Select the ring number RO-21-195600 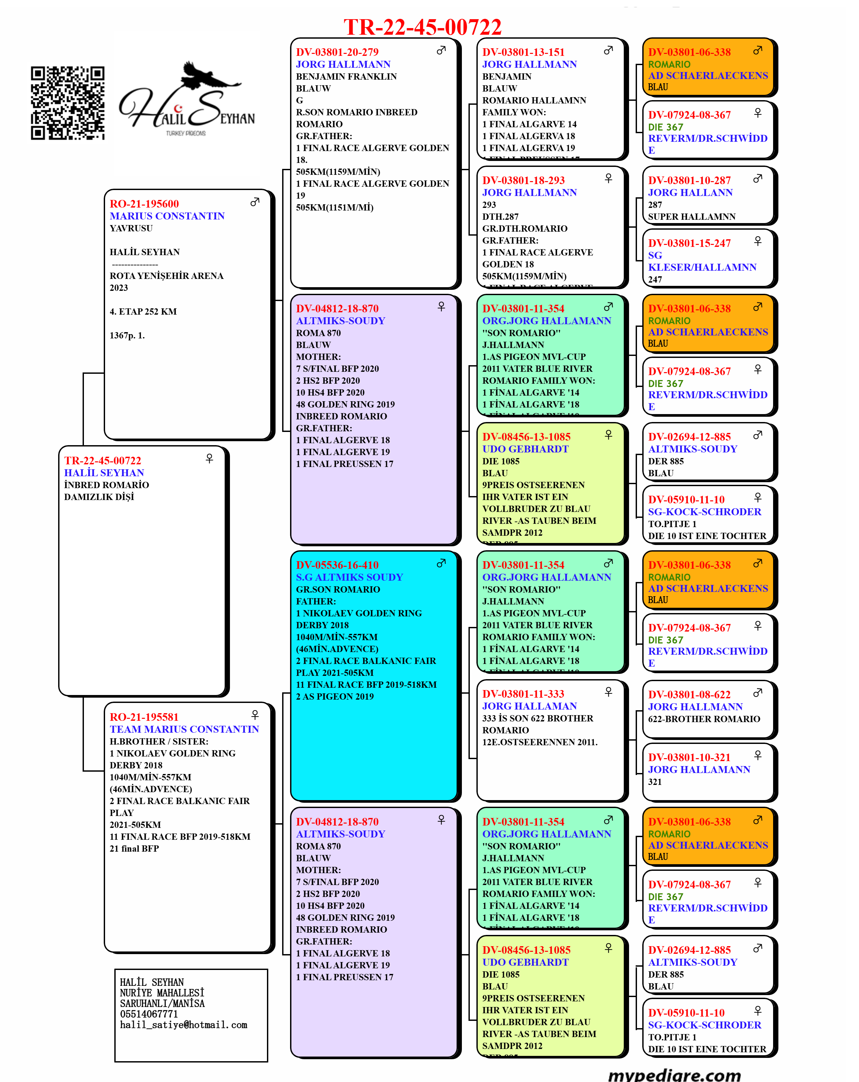click(x=144, y=204)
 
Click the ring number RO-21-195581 click(x=144, y=717)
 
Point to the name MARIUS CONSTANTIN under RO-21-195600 click(x=167, y=216)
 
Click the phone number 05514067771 click(x=149, y=1014)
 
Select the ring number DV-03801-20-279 click(x=337, y=52)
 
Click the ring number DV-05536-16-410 click(x=337, y=565)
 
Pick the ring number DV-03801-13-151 click(x=523, y=52)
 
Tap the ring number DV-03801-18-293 click(x=523, y=180)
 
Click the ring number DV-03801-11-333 click(x=523, y=694)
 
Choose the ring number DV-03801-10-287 click(x=690, y=180)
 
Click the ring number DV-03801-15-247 click(x=690, y=243)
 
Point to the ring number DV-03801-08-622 click(x=690, y=695)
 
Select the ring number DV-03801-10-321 click(x=690, y=757)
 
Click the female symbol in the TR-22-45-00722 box click(x=209, y=458)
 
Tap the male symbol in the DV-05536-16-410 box click(x=441, y=563)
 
